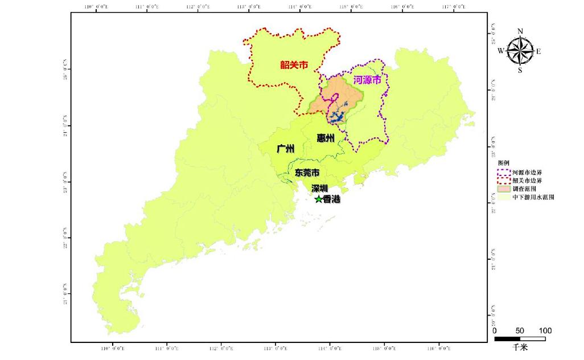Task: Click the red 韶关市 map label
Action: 294,65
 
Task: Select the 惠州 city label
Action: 326,137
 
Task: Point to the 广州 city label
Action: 285,149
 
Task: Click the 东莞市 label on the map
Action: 307,172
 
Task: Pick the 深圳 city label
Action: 319,188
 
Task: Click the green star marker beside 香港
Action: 318,199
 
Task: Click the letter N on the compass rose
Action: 520,31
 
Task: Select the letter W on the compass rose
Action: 501,51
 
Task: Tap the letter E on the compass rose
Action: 538,51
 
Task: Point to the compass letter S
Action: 520,71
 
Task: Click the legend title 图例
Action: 503,163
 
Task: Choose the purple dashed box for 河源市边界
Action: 503,171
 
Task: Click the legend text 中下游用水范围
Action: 533,197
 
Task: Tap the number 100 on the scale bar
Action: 545,331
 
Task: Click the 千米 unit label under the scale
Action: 520,346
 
